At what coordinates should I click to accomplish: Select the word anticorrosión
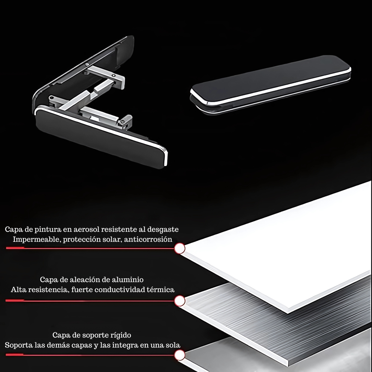(148, 239)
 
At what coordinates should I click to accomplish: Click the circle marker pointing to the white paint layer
(179, 248)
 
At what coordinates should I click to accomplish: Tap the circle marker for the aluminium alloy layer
(179, 301)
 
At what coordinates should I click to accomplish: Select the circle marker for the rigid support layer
(179, 355)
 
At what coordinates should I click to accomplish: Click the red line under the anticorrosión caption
(90, 248)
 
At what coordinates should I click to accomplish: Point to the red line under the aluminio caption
(90, 301)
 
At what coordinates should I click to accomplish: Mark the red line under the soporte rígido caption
(90, 355)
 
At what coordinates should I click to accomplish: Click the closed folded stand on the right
(270, 84)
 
